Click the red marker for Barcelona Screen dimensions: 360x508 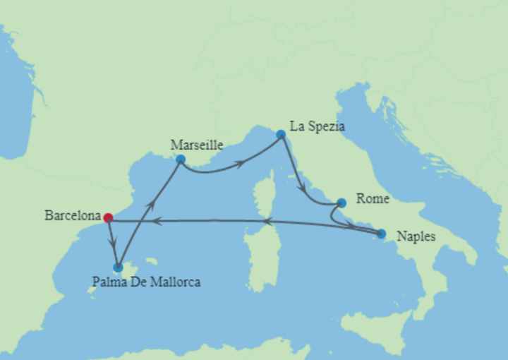[108, 217]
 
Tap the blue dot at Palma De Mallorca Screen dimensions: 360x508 [118, 268]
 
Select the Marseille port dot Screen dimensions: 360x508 [181, 159]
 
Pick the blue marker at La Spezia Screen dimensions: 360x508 [281, 134]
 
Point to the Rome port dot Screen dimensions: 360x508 [341, 203]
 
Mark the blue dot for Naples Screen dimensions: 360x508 [382, 234]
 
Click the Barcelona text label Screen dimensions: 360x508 [73, 216]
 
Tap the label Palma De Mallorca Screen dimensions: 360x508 [146, 282]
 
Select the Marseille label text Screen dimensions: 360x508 [197, 145]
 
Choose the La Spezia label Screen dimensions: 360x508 [322, 127]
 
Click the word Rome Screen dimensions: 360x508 [373, 199]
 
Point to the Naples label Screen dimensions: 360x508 [416, 236]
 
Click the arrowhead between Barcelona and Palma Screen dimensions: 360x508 [113, 244]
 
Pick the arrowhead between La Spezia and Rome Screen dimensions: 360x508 [303, 191]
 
